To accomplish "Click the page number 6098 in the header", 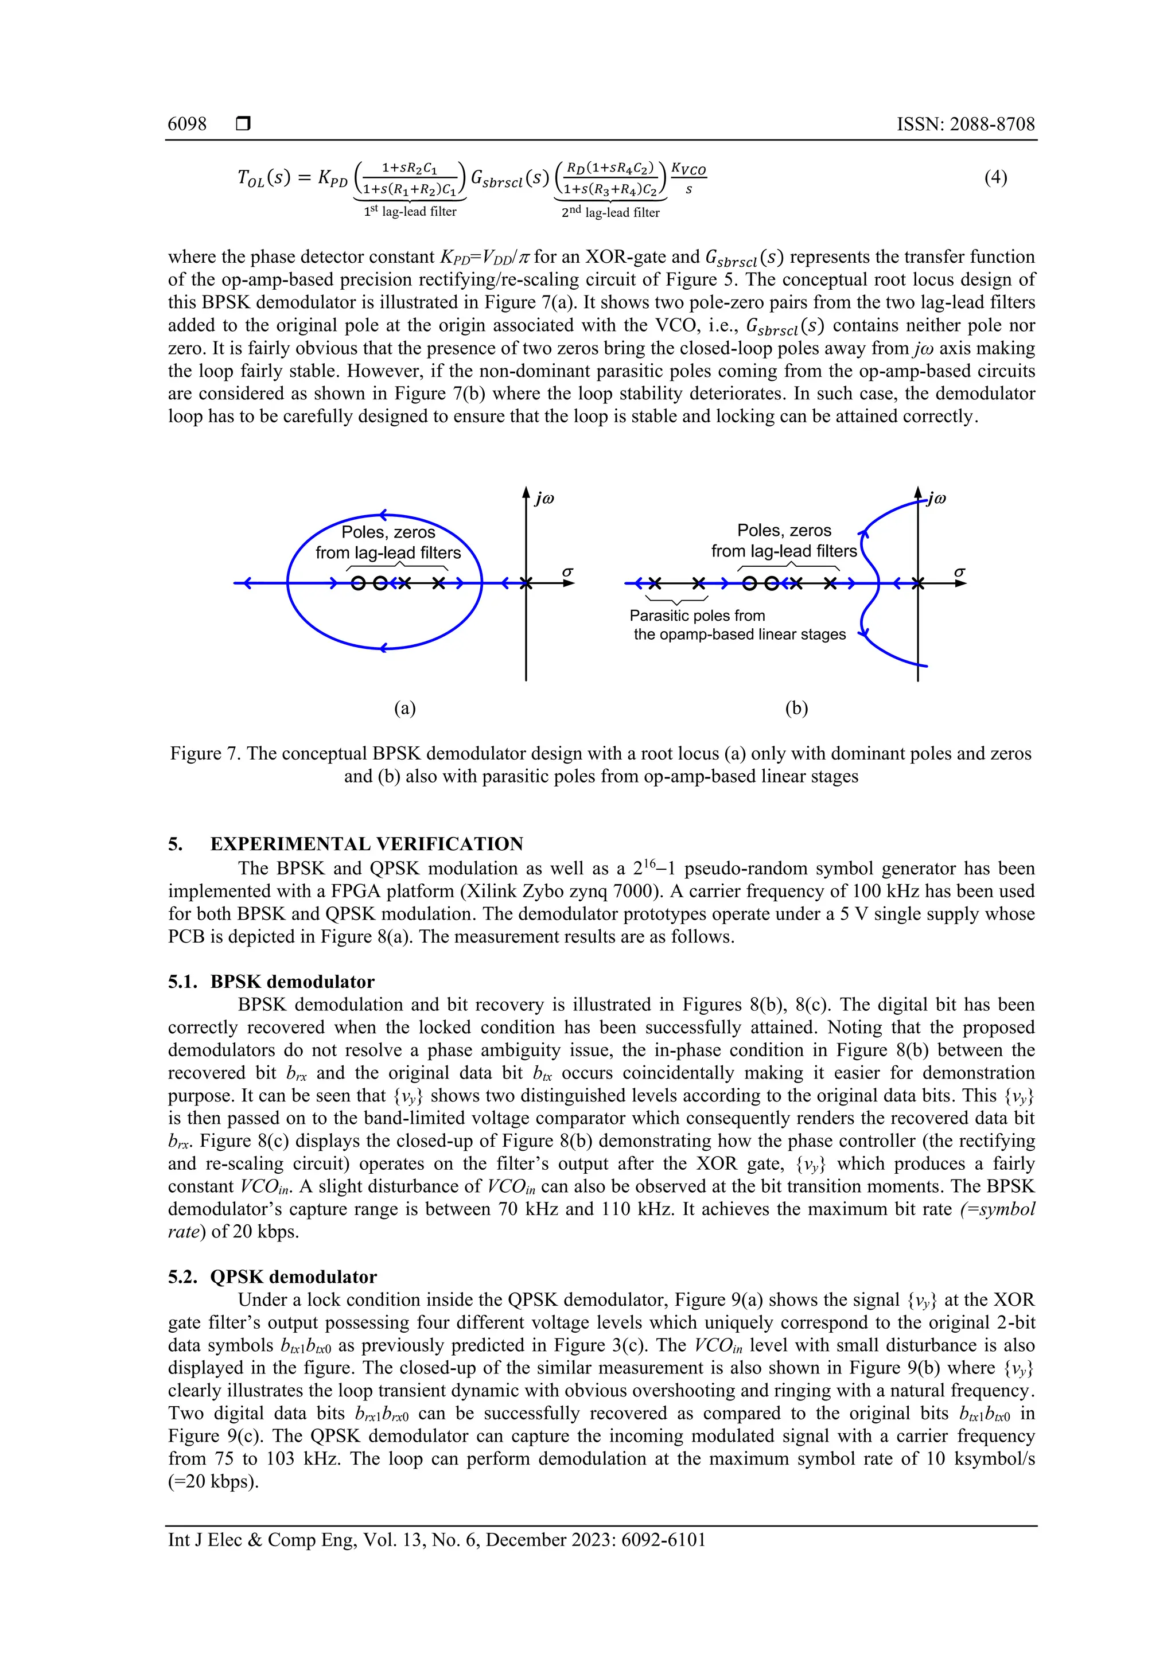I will pyautogui.click(x=187, y=124).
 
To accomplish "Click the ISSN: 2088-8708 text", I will pyautogui.click(x=965, y=124).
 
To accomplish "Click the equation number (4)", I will pyautogui.click(x=995, y=177).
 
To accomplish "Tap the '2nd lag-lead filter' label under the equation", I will pyautogui.click(x=610, y=212).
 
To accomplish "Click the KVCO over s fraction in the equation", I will pyautogui.click(x=688, y=178).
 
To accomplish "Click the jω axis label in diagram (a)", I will pyautogui.click(x=544, y=499).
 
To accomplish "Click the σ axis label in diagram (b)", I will pyautogui.click(x=959, y=572).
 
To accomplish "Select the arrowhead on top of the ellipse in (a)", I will pyautogui.click(x=384, y=515).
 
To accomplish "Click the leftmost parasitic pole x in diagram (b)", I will pyautogui.click(x=655, y=583).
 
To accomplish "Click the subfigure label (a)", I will pyautogui.click(x=404, y=708).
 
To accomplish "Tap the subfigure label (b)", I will pyautogui.click(x=796, y=708).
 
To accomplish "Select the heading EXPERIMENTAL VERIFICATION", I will pyautogui.click(x=367, y=844).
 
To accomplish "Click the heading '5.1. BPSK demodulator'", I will pyautogui.click(x=271, y=982).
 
